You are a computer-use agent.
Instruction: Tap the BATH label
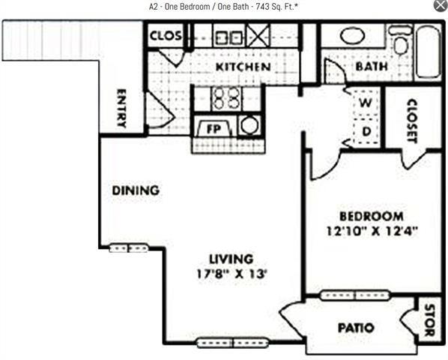pos(371,67)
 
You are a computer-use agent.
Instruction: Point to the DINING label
pos(136,190)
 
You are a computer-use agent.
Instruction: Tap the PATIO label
pos(356,328)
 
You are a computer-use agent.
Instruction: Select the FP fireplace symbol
pos(212,128)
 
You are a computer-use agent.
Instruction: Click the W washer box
pos(366,102)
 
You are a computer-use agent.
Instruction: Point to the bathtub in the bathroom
pos(428,52)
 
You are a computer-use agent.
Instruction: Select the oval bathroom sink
pos(352,35)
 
